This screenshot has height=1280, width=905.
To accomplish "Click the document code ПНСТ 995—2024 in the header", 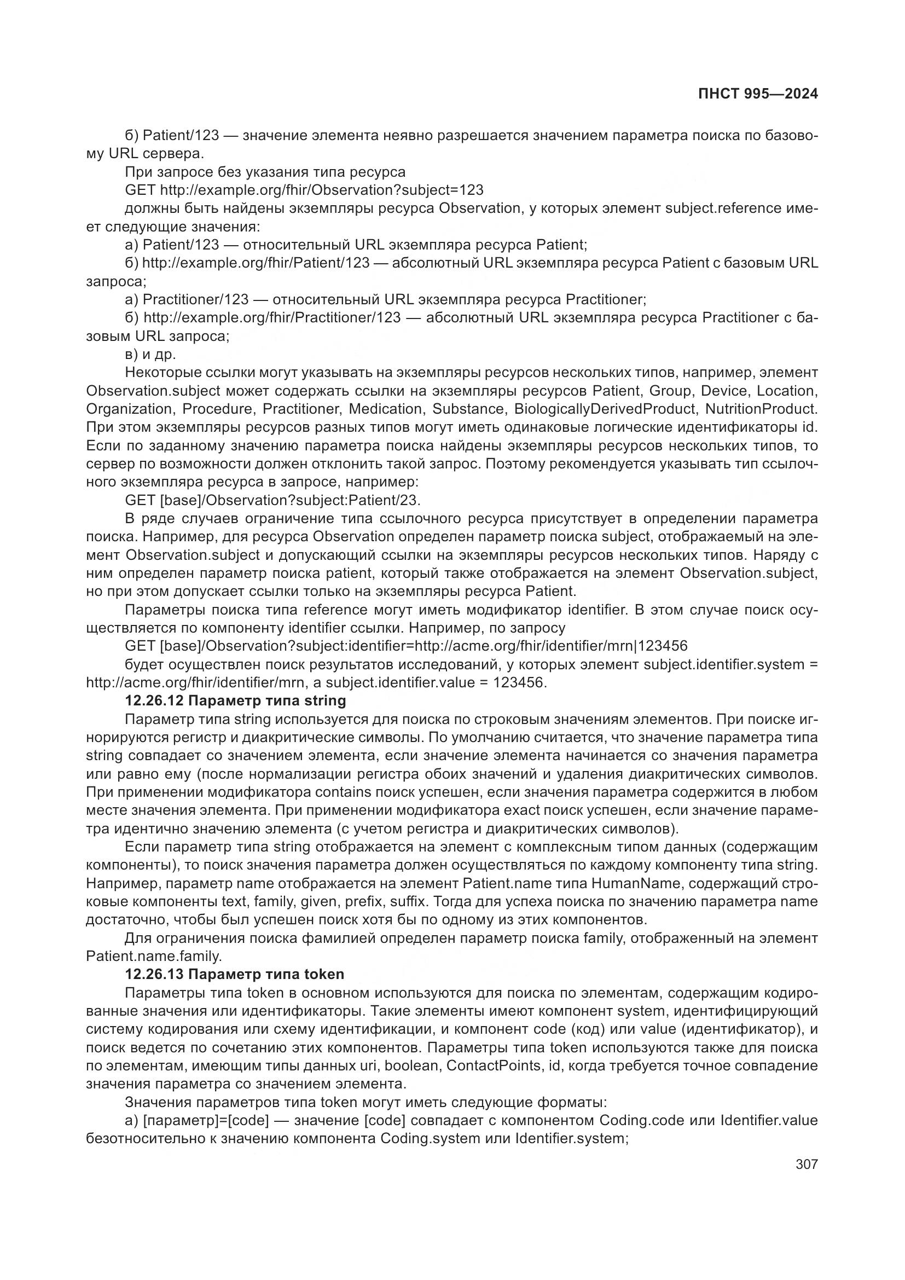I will [x=758, y=94].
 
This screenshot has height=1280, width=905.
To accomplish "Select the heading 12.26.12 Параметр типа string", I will [x=235, y=701].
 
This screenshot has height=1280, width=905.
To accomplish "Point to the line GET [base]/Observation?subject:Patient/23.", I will [x=272, y=500].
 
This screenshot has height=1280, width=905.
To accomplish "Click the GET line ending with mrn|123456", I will [x=406, y=646].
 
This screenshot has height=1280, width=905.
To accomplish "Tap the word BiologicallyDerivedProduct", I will [x=605, y=409].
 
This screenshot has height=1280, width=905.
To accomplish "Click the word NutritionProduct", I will [x=761, y=409].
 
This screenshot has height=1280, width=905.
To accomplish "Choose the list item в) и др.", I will [x=150, y=355].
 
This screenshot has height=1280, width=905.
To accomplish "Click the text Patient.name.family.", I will [x=154, y=957].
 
